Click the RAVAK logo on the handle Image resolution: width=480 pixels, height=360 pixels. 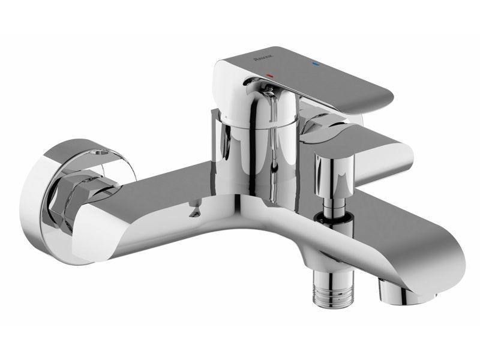[264, 59]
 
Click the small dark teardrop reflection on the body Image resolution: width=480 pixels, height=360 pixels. [193, 211]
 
